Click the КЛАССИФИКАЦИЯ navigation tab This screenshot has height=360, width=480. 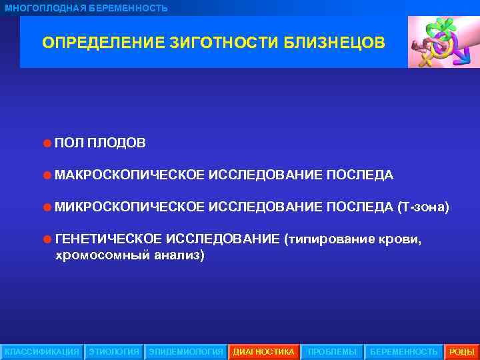(x=41, y=351)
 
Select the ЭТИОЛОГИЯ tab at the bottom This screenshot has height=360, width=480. (x=114, y=351)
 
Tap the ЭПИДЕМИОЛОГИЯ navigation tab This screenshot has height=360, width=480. (x=185, y=351)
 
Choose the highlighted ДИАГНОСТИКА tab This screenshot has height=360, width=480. (x=263, y=351)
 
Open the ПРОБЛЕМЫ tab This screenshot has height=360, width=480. (x=332, y=351)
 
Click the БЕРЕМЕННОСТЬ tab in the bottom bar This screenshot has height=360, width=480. (x=403, y=351)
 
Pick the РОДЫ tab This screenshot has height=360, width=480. (x=461, y=351)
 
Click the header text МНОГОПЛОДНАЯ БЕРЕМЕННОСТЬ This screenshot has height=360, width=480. (x=86, y=8)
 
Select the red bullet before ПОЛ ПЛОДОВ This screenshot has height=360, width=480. (x=47, y=143)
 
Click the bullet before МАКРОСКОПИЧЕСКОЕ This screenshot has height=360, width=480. (x=47, y=175)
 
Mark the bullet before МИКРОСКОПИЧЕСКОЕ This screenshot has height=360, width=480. (x=47, y=207)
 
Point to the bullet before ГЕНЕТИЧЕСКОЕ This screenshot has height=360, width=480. (x=47, y=239)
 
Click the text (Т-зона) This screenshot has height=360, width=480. (x=423, y=207)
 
